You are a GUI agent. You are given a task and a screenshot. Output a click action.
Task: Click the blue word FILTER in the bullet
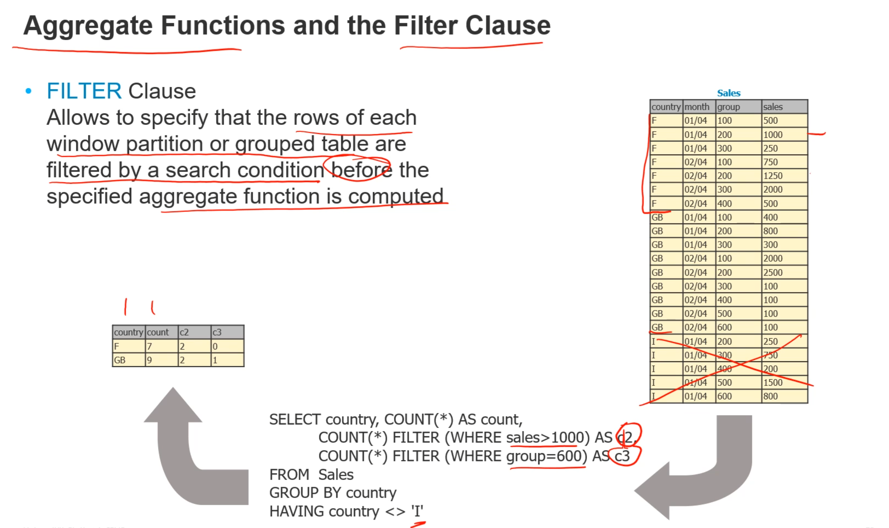point(84,91)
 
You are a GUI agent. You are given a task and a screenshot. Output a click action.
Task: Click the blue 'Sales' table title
point(728,93)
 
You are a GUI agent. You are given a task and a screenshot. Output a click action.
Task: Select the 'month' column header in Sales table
point(697,107)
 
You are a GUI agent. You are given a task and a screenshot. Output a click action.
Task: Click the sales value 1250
point(773,176)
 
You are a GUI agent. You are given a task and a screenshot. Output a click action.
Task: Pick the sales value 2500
point(773,272)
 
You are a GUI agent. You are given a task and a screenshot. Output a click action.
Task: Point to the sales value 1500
point(773,383)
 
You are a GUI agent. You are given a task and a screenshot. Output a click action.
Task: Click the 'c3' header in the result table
point(217,332)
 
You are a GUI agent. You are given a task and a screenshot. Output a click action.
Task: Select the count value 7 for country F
point(150,346)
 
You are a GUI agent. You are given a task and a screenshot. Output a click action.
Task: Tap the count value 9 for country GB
point(150,360)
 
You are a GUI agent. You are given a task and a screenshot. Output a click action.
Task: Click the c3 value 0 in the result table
point(215,346)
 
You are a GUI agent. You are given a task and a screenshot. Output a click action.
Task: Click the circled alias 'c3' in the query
point(622,456)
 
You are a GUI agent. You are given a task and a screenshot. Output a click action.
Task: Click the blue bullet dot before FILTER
point(28,91)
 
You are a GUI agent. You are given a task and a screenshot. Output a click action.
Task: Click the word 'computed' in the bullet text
point(395,197)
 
